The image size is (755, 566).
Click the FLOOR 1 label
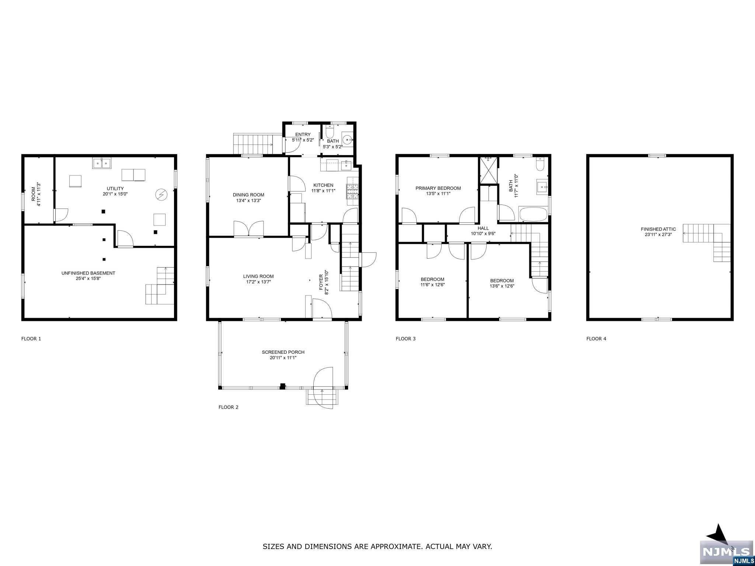31,339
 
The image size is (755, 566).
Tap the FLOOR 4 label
596,339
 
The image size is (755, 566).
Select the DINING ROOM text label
248,195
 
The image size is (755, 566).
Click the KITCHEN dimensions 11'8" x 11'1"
323,191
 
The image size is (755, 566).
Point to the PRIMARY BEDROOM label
438,188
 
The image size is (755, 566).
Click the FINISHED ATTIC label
658,229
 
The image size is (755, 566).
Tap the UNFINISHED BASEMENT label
88,273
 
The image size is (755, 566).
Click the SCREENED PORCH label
283,352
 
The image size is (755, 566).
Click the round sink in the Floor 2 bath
347,140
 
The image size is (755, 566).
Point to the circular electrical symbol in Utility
161,194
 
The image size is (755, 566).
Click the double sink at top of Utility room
102,163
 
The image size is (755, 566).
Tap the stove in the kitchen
352,191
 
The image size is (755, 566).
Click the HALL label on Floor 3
483,228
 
